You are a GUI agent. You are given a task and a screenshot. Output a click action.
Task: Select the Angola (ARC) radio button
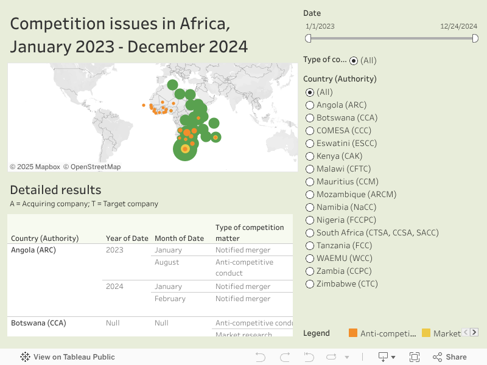310,105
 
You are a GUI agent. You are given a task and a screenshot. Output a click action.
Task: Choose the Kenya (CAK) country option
310,156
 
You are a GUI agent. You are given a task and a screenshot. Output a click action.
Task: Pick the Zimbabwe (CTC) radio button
310,284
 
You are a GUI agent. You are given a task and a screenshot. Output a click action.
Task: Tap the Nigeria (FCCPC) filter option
310,220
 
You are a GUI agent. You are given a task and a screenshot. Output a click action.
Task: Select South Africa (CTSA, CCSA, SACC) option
310,233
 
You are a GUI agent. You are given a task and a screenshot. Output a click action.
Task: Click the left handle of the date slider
308,38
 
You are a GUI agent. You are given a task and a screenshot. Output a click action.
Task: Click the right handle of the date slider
475,38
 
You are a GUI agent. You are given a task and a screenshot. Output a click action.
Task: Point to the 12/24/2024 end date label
458,26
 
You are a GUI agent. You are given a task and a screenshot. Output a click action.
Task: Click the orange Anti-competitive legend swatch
353,333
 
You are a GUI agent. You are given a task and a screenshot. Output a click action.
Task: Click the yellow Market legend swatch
426,333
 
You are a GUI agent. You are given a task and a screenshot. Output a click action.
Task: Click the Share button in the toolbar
450,357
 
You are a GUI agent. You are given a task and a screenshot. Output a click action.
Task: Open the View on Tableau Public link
68,357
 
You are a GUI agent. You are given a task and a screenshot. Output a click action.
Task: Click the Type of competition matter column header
250,232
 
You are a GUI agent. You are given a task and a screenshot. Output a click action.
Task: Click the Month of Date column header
179,238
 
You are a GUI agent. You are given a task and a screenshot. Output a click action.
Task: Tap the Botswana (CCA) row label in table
38,323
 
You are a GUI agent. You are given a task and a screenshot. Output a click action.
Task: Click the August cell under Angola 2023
167,262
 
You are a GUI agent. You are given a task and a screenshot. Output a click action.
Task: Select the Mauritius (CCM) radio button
310,182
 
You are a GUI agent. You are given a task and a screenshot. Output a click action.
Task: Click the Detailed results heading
55,190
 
